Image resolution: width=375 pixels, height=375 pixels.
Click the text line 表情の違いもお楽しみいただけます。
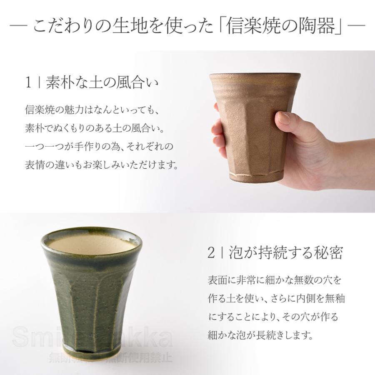pyautogui.click(x=102, y=165)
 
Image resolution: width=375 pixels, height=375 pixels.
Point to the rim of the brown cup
pyautogui.click(x=254, y=76)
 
